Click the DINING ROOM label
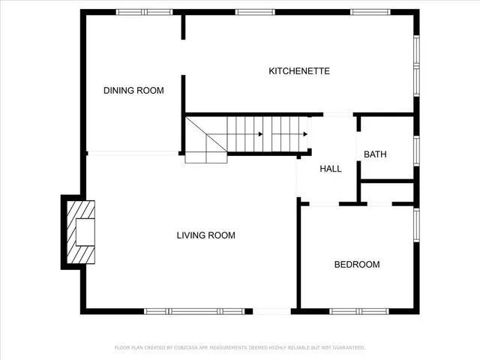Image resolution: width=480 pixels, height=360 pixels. pyautogui.click(x=133, y=91)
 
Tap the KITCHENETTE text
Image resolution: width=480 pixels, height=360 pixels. pyautogui.click(x=299, y=71)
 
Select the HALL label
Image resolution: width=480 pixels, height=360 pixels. pyautogui.click(x=331, y=169)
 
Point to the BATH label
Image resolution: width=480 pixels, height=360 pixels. pyautogui.click(x=375, y=154)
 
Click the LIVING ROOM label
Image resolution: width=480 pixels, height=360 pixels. pyautogui.click(x=205, y=235)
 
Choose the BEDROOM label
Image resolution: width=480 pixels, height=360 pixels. pyautogui.click(x=357, y=265)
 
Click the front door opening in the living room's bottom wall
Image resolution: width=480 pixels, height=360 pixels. pyautogui.click(x=271, y=310)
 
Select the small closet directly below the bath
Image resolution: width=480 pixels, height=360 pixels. pyautogui.click(x=387, y=192)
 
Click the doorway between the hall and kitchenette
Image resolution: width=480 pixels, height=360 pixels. pyautogui.click(x=337, y=115)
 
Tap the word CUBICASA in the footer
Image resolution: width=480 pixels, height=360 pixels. pyautogui.click(x=189, y=348)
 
